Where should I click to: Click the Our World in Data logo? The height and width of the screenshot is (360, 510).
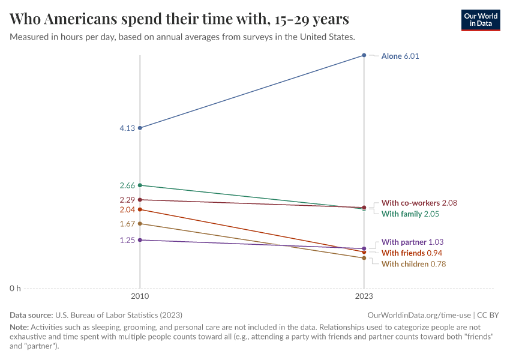tap(480, 20)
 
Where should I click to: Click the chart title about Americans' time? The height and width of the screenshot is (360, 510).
tap(179, 19)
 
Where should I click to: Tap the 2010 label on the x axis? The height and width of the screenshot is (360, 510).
tap(140, 296)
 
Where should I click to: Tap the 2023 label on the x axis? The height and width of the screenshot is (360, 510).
tap(364, 296)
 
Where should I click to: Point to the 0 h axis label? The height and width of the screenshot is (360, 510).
tap(14, 289)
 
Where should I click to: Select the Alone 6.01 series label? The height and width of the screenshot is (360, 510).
tap(400, 56)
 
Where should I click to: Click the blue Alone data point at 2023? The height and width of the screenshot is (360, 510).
tap(364, 55)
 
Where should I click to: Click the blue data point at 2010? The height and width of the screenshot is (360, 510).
tap(140, 128)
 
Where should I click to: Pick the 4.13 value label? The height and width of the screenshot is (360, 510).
tap(127, 128)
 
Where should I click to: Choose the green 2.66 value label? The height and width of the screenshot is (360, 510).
tap(127, 185)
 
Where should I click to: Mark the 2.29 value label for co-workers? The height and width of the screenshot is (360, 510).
tap(127, 200)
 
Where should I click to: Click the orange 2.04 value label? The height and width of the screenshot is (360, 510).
tap(127, 210)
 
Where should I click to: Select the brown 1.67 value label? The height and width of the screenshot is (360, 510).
tap(127, 224)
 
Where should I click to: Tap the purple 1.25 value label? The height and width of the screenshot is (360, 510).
tap(127, 240)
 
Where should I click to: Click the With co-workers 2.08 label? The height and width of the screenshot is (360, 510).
tap(419, 203)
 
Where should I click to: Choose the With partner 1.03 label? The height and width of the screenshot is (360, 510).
tap(412, 242)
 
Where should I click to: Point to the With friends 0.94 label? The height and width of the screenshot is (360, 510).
tap(412, 253)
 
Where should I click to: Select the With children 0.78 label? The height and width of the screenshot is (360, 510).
tap(413, 264)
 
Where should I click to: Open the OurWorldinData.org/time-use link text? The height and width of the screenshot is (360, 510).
tap(419, 315)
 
